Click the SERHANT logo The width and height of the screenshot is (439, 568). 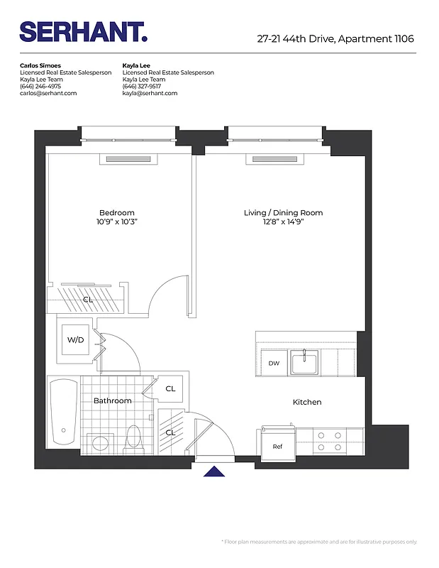click(83, 32)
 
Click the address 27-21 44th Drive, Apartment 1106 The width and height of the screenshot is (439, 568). click(335, 39)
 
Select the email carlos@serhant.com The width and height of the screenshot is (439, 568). click(48, 93)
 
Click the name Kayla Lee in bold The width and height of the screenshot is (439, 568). click(136, 65)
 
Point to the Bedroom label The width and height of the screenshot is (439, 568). click(116, 213)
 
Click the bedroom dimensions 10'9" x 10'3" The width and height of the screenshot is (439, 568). click(116, 222)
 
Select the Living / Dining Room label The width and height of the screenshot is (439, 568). click(283, 213)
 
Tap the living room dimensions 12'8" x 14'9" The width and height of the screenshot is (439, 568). click(283, 222)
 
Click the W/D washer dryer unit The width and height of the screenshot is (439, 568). click(76, 340)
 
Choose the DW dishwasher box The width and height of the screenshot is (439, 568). click(274, 364)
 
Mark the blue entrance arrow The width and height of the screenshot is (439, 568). click(214, 471)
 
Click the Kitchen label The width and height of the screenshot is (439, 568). click(307, 403)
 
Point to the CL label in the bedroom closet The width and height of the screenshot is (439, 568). click(88, 300)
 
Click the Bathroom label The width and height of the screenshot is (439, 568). click(113, 401)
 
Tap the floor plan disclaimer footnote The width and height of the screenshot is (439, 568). click(320, 542)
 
